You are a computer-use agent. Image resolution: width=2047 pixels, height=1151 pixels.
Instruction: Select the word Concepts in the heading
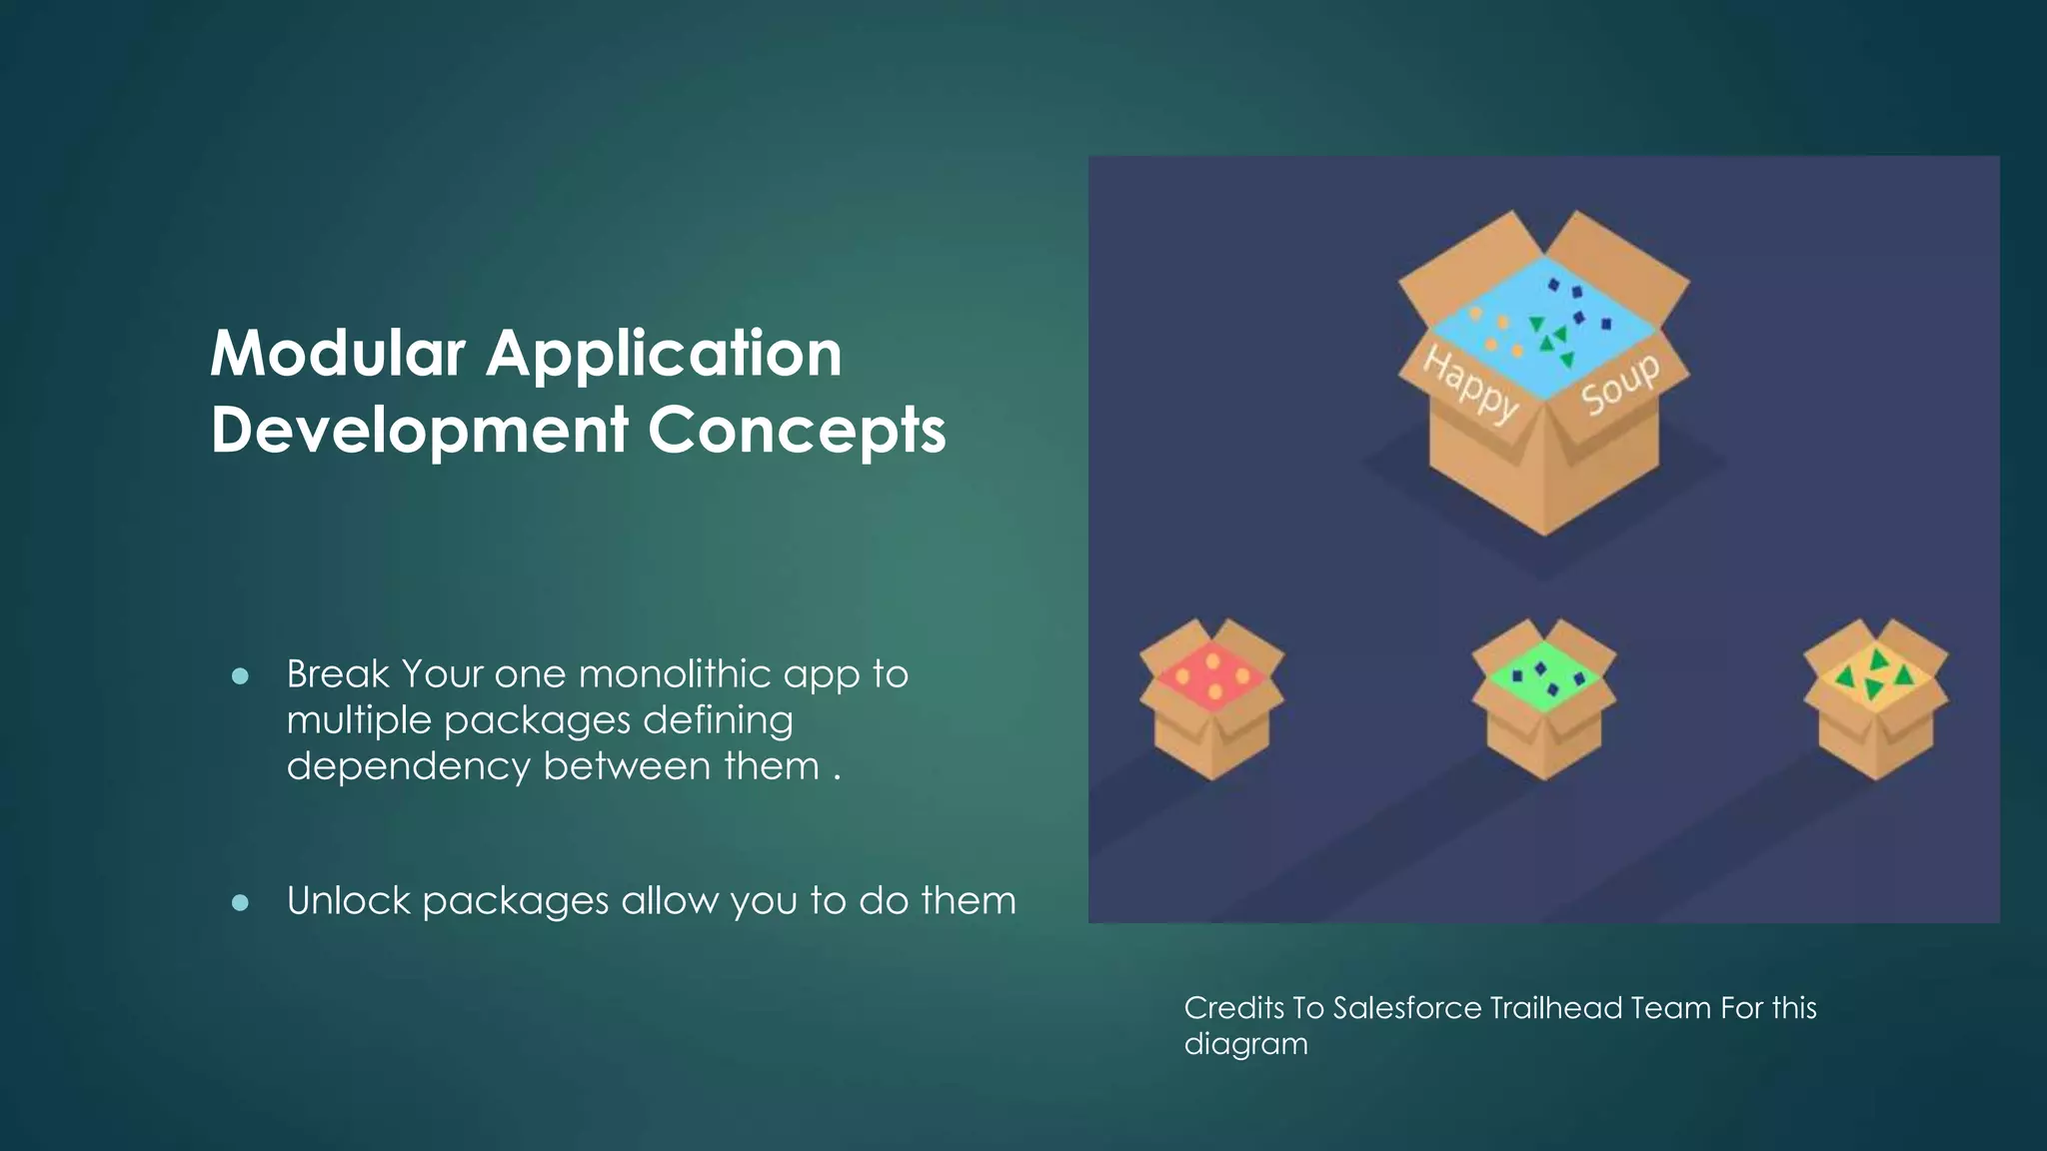(x=797, y=431)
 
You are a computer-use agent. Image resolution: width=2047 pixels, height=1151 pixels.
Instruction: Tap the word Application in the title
(x=665, y=355)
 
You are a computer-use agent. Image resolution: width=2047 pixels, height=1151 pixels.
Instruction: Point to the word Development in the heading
(x=419, y=431)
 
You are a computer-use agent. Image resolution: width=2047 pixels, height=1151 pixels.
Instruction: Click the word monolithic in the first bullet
(x=675, y=674)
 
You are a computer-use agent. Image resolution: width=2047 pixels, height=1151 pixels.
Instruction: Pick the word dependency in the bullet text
(x=408, y=767)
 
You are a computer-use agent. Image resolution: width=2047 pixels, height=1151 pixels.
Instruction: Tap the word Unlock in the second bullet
(x=348, y=901)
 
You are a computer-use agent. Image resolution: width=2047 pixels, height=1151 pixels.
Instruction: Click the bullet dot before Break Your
(x=240, y=676)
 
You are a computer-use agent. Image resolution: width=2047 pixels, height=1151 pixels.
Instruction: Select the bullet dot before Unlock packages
(x=240, y=903)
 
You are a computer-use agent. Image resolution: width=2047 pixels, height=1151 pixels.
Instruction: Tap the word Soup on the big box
(x=1620, y=383)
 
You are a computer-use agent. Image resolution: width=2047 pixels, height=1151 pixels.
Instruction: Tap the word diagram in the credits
(x=1245, y=1045)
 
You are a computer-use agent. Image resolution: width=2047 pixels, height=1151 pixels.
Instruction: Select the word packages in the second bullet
(x=515, y=902)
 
